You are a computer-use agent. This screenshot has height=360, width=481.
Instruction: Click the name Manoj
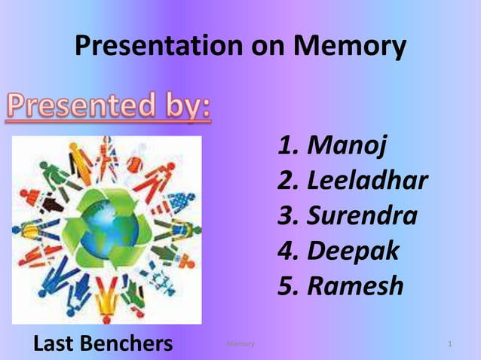point(348,145)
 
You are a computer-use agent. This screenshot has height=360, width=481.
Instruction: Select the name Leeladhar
point(367,181)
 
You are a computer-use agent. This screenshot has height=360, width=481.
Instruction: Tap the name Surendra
point(362,216)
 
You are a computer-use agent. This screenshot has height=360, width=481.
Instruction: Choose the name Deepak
point(353,252)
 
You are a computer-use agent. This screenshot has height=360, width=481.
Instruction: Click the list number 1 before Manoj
point(288,145)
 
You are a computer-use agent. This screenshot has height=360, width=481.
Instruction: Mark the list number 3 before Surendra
point(287,216)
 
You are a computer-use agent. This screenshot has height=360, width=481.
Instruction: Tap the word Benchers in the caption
point(127,344)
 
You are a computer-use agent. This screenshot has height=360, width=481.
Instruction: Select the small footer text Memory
point(240,344)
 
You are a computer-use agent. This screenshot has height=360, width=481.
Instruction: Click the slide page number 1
point(449,344)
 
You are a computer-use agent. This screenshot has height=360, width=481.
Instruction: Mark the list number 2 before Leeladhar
point(287,181)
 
